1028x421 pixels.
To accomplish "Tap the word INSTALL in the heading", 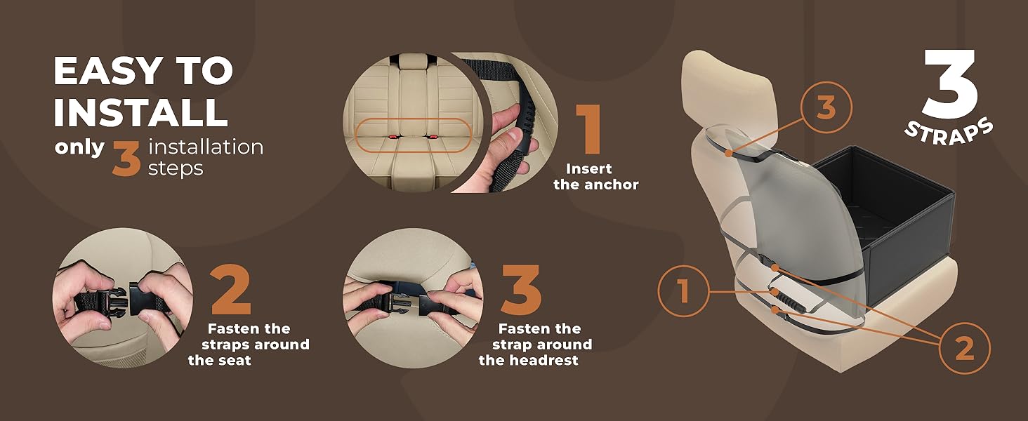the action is pyautogui.click(x=141, y=112).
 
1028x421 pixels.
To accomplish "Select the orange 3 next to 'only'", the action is pyautogui.click(x=126, y=159).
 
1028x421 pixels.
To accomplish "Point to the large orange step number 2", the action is pyautogui.click(x=231, y=290).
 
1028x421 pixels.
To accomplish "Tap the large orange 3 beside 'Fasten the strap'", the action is pyautogui.click(x=521, y=290).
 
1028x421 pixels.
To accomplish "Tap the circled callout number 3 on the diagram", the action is pyautogui.click(x=826, y=108).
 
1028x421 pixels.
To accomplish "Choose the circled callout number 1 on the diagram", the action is pyautogui.click(x=684, y=291).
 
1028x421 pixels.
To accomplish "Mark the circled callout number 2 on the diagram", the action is pyautogui.click(x=965, y=349).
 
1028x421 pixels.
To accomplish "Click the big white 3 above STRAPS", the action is pyautogui.click(x=949, y=84).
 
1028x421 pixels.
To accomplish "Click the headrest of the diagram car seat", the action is pyautogui.click(x=727, y=89).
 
